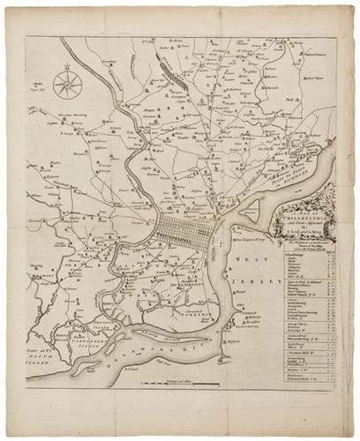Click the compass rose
point(67,86)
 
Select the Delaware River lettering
point(176,353)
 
